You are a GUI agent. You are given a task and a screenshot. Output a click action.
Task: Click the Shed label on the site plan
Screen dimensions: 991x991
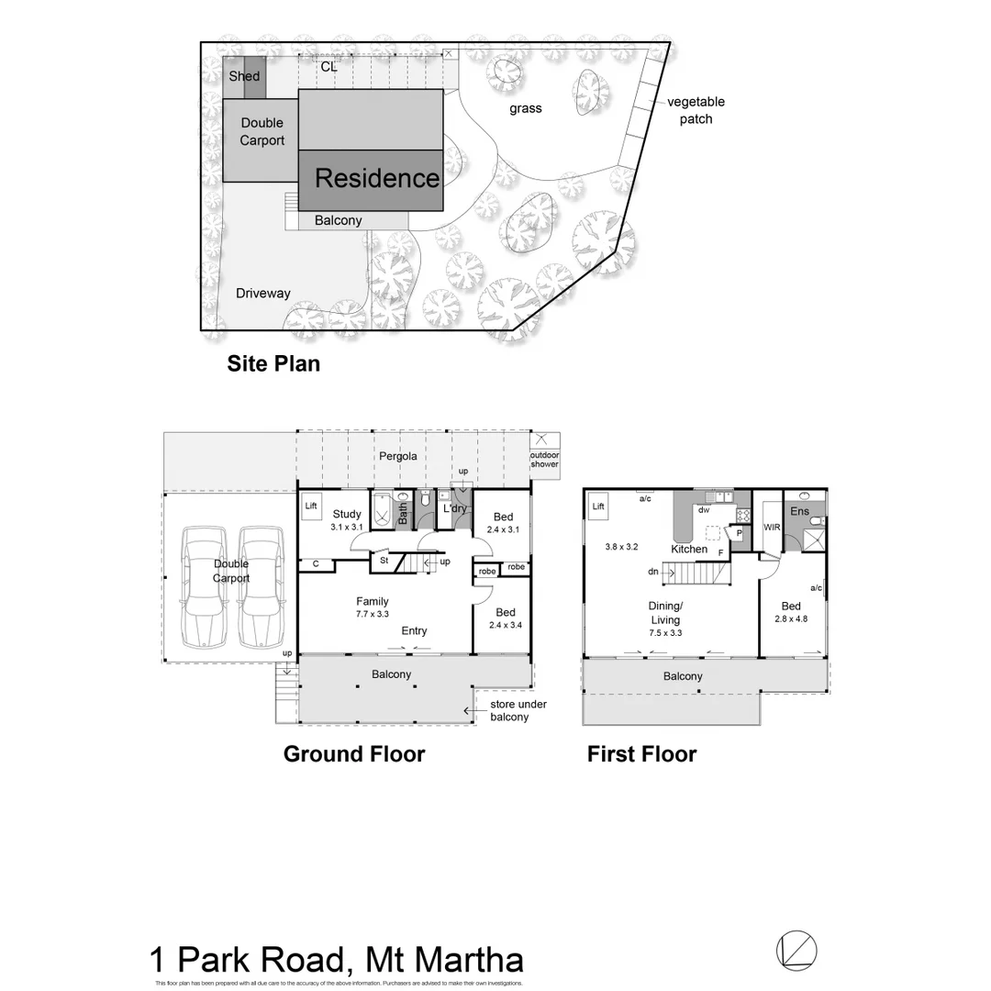(x=244, y=76)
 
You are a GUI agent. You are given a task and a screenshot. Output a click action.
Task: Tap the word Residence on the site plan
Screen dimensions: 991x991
(x=377, y=178)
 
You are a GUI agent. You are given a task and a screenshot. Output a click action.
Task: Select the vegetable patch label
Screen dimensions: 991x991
(x=696, y=110)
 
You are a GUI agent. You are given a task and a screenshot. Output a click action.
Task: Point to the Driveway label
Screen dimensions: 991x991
(x=262, y=294)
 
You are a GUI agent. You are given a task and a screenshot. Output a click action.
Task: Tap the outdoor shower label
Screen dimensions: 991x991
(x=544, y=460)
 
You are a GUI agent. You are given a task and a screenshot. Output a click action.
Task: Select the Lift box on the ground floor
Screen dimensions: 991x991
(x=311, y=506)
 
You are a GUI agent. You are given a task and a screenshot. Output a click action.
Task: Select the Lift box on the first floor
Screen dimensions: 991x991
(x=598, y=507)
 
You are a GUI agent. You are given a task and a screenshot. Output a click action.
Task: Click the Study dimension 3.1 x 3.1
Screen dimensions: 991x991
(x=347, y=527)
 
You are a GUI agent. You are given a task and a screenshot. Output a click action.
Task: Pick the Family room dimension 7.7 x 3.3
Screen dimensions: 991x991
(x=373, y=615)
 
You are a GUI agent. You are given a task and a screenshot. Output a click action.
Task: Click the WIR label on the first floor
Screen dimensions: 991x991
(x=772, y=528)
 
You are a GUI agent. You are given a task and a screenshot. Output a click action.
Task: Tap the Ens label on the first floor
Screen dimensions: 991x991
(x=799, y=511)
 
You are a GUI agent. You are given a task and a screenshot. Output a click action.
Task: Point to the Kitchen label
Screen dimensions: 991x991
(x=689, y=549)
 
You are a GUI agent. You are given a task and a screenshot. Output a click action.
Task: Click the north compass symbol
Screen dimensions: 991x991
(x=796, y=950)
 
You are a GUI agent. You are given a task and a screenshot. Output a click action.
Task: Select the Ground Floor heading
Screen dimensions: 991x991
(x=354, y=754)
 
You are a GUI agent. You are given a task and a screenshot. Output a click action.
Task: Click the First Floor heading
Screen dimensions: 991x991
(x=642, y=754)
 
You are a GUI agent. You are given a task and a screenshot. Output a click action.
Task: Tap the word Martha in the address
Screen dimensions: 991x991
(x=471, y=960)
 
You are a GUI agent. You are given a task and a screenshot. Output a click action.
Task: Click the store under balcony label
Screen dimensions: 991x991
(x=518, y=710)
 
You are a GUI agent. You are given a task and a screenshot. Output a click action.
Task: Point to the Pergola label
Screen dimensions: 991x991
(x=398, y=456)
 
